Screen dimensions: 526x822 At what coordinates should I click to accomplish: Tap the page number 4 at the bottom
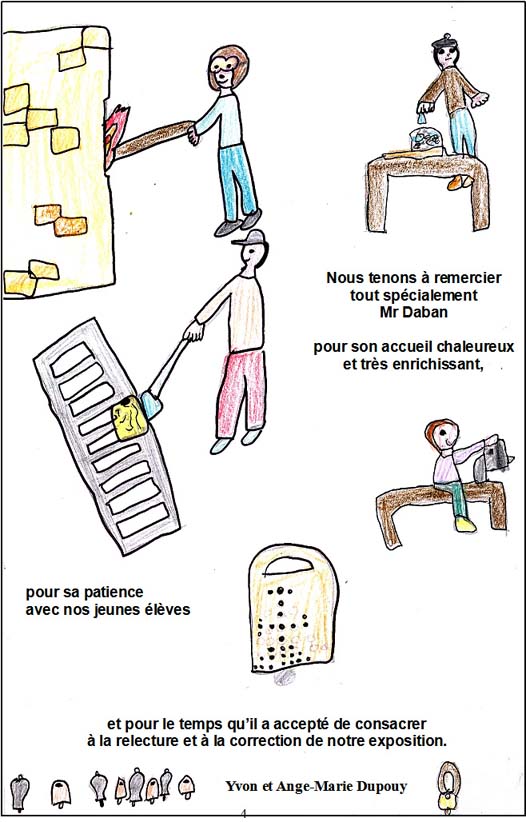pyautogui.click(x=243, y=814)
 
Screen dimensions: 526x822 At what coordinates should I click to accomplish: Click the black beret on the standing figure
pyautogui.click(x=444, y=41)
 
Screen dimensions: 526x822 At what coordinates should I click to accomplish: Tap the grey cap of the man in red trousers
pyautogui.click(x=250, y=239)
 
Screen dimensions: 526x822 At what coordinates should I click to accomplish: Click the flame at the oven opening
pyautogui.click(x=115, y=132)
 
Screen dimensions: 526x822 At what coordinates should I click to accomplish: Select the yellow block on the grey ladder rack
pyautogui.click(x=129, y=418)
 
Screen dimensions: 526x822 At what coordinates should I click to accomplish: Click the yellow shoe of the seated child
pyautogui.click(x=466, y=524)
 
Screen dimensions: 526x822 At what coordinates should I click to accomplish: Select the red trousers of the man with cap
pyautogui.click(x=241, y=393)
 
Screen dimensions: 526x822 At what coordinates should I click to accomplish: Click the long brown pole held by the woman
pyautogui.click(x=153, y=139)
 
